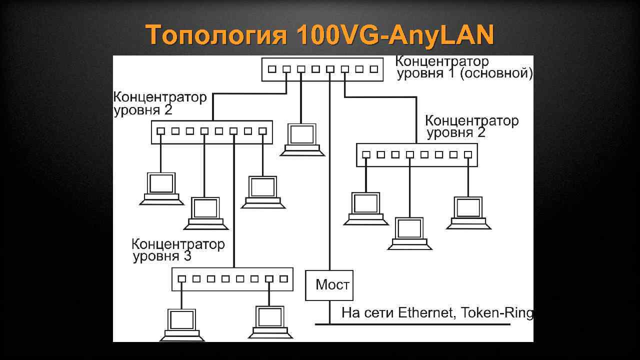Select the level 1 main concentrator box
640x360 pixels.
click(x=322, y=69)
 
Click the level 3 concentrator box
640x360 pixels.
click(x=232, y=279)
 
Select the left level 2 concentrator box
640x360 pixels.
click(x=211, y=132)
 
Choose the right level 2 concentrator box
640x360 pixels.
click(x=416, y=155)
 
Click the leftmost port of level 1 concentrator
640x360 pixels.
click(x=271, y=69)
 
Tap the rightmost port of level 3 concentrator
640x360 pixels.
click(x=284, y=279)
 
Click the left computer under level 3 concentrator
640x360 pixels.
click(x=181, y=323)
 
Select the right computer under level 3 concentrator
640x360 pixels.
click(x=269, y=320)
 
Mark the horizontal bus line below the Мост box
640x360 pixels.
click(x=412, y=324)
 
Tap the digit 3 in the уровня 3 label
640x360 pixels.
click(x=187, y=257)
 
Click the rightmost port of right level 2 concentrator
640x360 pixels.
click(x=468, y=155)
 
